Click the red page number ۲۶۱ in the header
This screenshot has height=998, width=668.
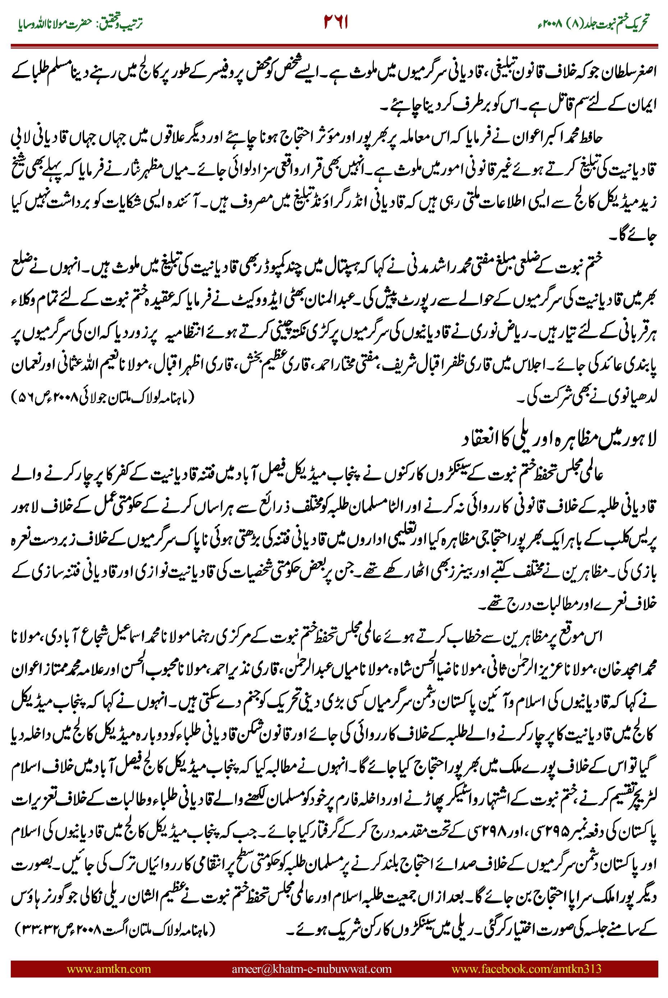coord(336,22)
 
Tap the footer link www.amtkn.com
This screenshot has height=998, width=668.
coord(109,969)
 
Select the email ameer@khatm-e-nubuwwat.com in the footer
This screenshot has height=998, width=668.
coord(311,969)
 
